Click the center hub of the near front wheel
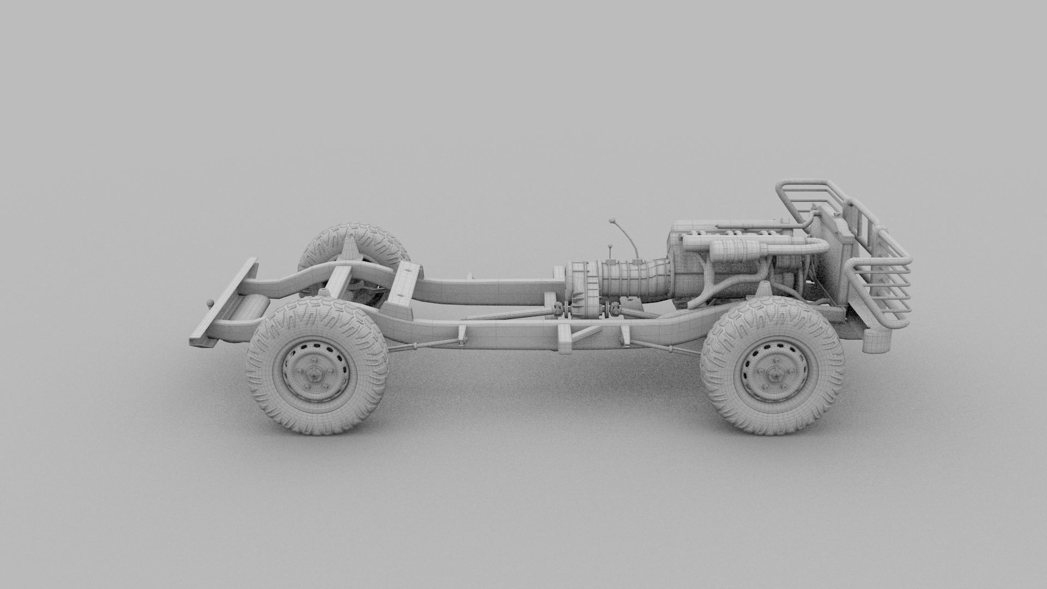coord(772,374)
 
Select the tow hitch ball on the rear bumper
coord(209,304)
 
